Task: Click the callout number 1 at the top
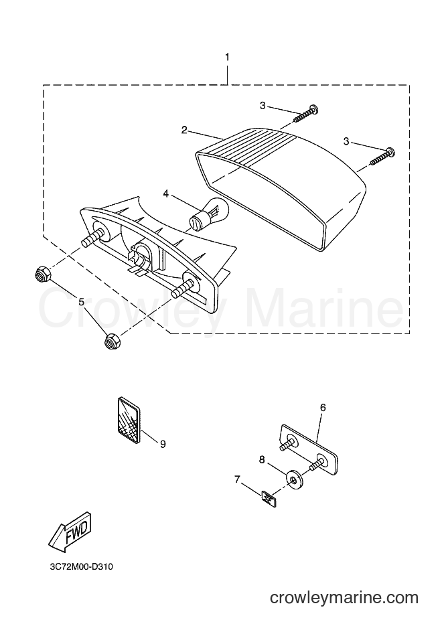click(227, 57)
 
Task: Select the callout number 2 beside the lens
click(184, 130)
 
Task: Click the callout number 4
click(166, 193)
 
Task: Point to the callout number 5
click(82, 302)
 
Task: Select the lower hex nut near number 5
click(111, 342)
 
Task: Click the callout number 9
click(163, 443)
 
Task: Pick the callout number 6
click(323, 408)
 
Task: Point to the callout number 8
click(262, 460)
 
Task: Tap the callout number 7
click(237, 479)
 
